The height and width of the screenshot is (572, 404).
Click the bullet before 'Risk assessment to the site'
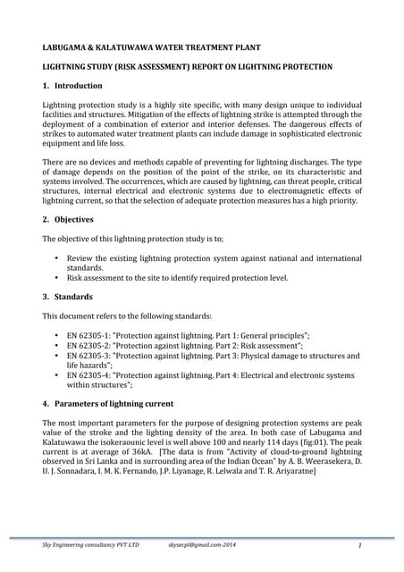57,278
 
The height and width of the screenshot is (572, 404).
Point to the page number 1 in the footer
357,543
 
